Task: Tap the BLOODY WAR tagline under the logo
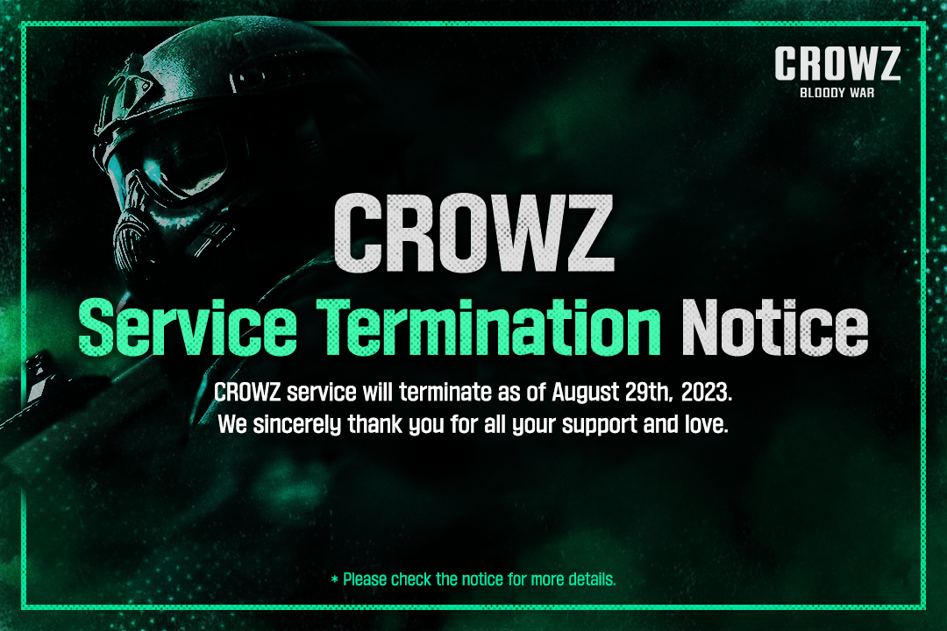tap(837, 93)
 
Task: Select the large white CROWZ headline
tap(474, 234)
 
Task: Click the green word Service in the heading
tap(188, 327)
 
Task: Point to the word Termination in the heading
tap(489, 327)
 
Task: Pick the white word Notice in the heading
tap(775, 327)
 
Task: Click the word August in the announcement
tap(585, 393)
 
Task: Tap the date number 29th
tap(648, 393)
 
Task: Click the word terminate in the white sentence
tap(445, 393)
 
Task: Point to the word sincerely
tap(297, 424)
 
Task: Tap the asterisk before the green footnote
tap(335, 579)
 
